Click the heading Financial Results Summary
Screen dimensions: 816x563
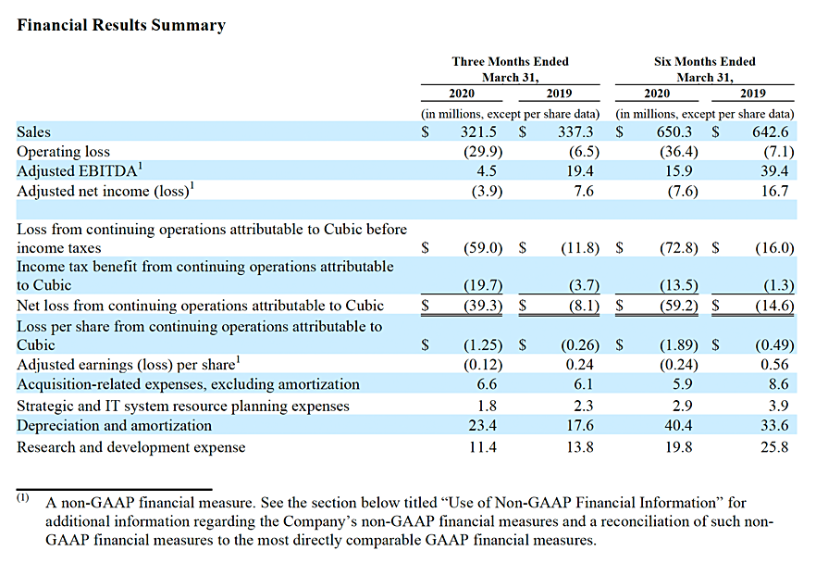[x=121, y=25]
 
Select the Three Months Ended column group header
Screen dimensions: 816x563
[x=510, y=69]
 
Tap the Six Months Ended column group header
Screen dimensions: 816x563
[x=705, y=69]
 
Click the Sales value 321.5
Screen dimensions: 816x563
[x=478, y=131]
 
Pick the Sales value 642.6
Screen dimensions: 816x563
[x=770, y=131]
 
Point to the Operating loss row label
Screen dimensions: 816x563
[x=64, y=152]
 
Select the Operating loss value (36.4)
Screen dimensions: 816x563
[x=679, y=152]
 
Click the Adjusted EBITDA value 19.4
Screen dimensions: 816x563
[x=580, y=170]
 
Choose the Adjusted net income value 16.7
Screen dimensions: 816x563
[x=775, y=191]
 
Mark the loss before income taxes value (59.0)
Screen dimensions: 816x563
[x=483, y=248]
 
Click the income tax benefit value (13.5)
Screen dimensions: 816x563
[x=679, y=285]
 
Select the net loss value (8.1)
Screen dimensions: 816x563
[x=584, y=306]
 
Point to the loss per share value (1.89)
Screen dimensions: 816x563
[x=679, y=344]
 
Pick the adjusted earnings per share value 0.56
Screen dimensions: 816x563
[x=775, y=365]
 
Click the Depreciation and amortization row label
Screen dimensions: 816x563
[x=115, y=426]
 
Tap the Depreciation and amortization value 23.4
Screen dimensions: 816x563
[x=482, y=426]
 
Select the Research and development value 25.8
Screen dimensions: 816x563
[x=775, y=447]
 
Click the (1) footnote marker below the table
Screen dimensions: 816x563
[x=22, y=498]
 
